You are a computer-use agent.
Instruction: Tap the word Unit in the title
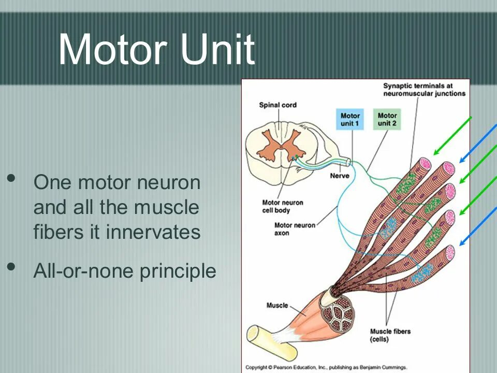click(217, 50)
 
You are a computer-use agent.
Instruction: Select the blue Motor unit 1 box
click(350, 120)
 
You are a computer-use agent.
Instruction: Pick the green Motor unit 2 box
click(387, 120)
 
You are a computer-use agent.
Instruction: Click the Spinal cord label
click(277, 105)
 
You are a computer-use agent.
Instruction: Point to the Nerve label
click(339, 176)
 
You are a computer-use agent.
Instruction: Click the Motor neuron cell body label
click(283, 206)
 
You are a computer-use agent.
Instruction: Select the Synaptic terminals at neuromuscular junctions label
click(424, 89)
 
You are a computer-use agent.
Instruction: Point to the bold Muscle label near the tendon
click(277, 306)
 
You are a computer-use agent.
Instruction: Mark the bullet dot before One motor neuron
click(11, 179)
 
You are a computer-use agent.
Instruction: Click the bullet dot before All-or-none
click(11, 267)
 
